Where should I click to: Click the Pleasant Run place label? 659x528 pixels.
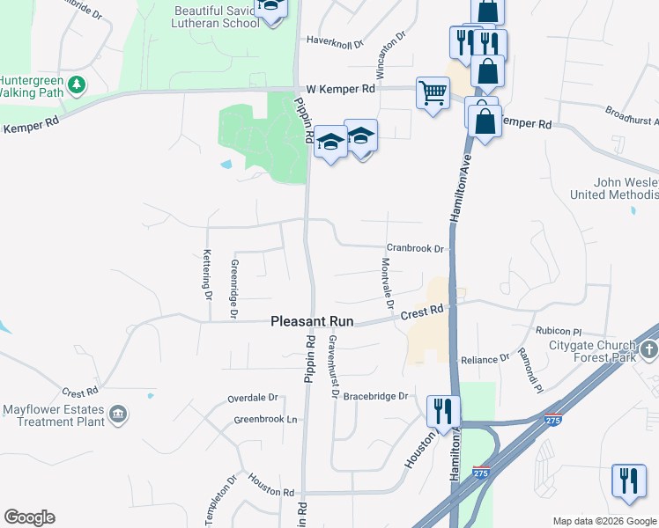pyautogui.click(x=311, y=322)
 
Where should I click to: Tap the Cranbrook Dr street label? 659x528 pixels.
pyautogui.click(x=414, y=249)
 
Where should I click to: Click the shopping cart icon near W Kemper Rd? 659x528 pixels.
pyautogui.click(x=433, y=92)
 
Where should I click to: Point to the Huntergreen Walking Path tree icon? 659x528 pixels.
pyautogui.click(x=78, y=84)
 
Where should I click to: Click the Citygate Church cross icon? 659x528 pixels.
pyautogui.click(x=649, y=351)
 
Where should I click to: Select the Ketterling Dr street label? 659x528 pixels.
pyautogui.click(x=208, y=275)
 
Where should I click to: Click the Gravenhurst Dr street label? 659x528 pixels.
pyautogui.click(x=333, y=366)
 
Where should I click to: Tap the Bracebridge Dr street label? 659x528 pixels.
pyautogui.click(x=375, y=396)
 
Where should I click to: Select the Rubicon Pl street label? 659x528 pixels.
pyautogui.click(x=559, y=331)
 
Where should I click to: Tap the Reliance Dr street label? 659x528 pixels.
pyautogui.click(x=485, y=359)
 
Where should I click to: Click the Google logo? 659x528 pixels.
pyautogui.click(x=29, y=517)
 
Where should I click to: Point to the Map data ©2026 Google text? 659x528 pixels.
pyautogui.click(x=603, y=521)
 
